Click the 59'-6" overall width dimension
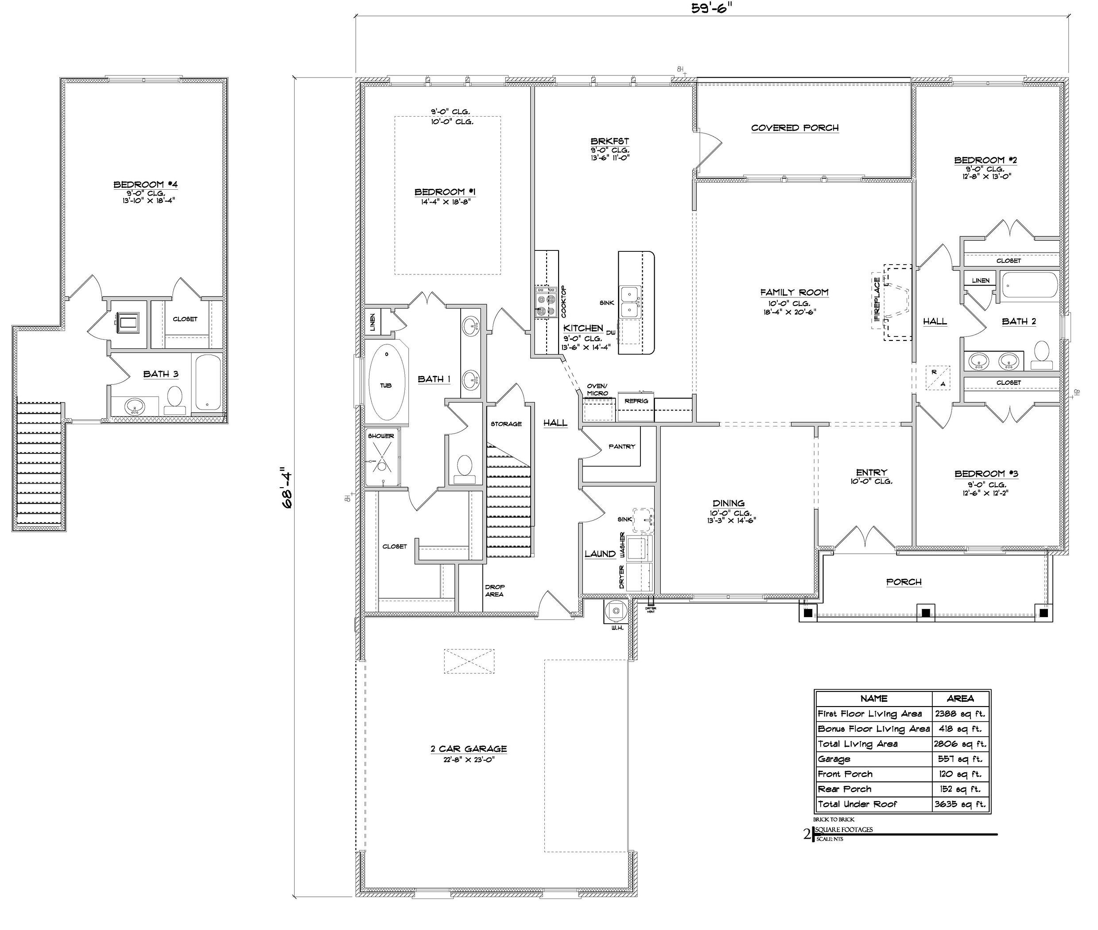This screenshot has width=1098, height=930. pyautogui.click(x=712, y=9)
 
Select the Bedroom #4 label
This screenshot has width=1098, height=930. pyautogui.click(x=145, y=184)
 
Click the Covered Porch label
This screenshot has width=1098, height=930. pyautogui.click(x=795, y=128)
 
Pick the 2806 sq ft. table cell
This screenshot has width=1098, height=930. pyautogui.click(x=960, y=744)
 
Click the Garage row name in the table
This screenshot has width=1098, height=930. pyautogui.click(x=834, y=759)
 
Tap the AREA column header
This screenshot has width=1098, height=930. pyautogui.click(x=960, y=699)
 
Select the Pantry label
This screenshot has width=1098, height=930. pyautogui.click(x=622, y=446)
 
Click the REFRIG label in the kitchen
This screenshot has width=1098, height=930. pyautogui.click(x=636, y=401)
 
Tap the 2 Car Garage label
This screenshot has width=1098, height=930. pyautogui.click(x=469, y=749)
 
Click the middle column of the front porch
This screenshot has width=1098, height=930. pyautogui.click(x=925, y=613)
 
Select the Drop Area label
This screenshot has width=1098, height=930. pyautogui.click(x=494, y=590)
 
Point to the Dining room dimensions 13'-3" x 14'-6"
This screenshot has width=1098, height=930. pyautogui.click(x=732, y=521)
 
